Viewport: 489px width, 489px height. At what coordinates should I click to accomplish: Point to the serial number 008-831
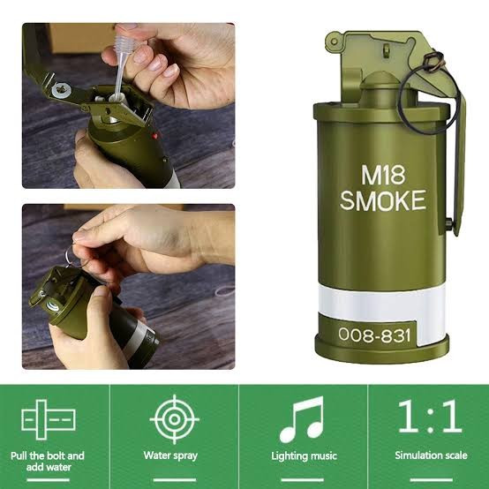[x=374, y=335]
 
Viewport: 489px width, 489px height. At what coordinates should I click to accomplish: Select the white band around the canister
[x=374, y=300]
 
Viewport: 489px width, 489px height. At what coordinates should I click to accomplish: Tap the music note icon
[x=302, y=418]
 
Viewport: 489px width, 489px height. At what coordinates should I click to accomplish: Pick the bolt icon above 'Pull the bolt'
[x=49, y=418]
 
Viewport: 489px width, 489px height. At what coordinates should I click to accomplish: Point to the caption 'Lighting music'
[x=302, y=456]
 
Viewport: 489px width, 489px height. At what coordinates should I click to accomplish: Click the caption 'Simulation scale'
[x=429, y=456]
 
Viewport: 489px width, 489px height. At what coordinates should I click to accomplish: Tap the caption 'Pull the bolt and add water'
[x=49, y=462]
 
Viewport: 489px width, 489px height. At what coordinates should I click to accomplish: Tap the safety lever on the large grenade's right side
[x=454, y=168]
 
